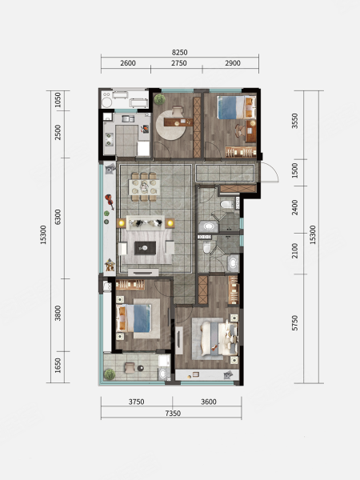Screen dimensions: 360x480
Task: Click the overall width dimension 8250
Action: (x=179, y=52)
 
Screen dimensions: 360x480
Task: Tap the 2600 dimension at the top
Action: (x=128, y=63)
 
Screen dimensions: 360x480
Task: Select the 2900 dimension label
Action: (x=233, y=63)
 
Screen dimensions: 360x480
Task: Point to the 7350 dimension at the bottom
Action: (x=173, y=414)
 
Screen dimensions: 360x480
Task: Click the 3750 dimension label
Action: (x=136, y=402)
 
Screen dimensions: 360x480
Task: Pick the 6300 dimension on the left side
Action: (x=58, y=217)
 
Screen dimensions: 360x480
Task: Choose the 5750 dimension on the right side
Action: (x=294, y=323)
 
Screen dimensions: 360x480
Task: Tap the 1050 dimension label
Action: (x=58, y=100)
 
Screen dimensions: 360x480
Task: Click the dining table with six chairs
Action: (x=145, y=186)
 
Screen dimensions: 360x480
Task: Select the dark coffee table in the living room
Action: (x=145, y=248)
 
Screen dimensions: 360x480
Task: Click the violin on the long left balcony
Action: (x=110, y=202)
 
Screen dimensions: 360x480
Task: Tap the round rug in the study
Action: (x=170, y=126)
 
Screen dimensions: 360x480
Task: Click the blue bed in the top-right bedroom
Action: (x=236, y=107)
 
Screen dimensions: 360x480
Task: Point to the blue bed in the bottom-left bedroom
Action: (x=134, y=318)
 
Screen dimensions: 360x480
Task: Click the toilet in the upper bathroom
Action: (x=227, y=204)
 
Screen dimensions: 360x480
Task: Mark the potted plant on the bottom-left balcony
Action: (x=110, y=374)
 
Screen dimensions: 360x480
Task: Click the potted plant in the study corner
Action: (x=159, y=99)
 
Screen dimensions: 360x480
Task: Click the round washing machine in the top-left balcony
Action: (x=107, y=102)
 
